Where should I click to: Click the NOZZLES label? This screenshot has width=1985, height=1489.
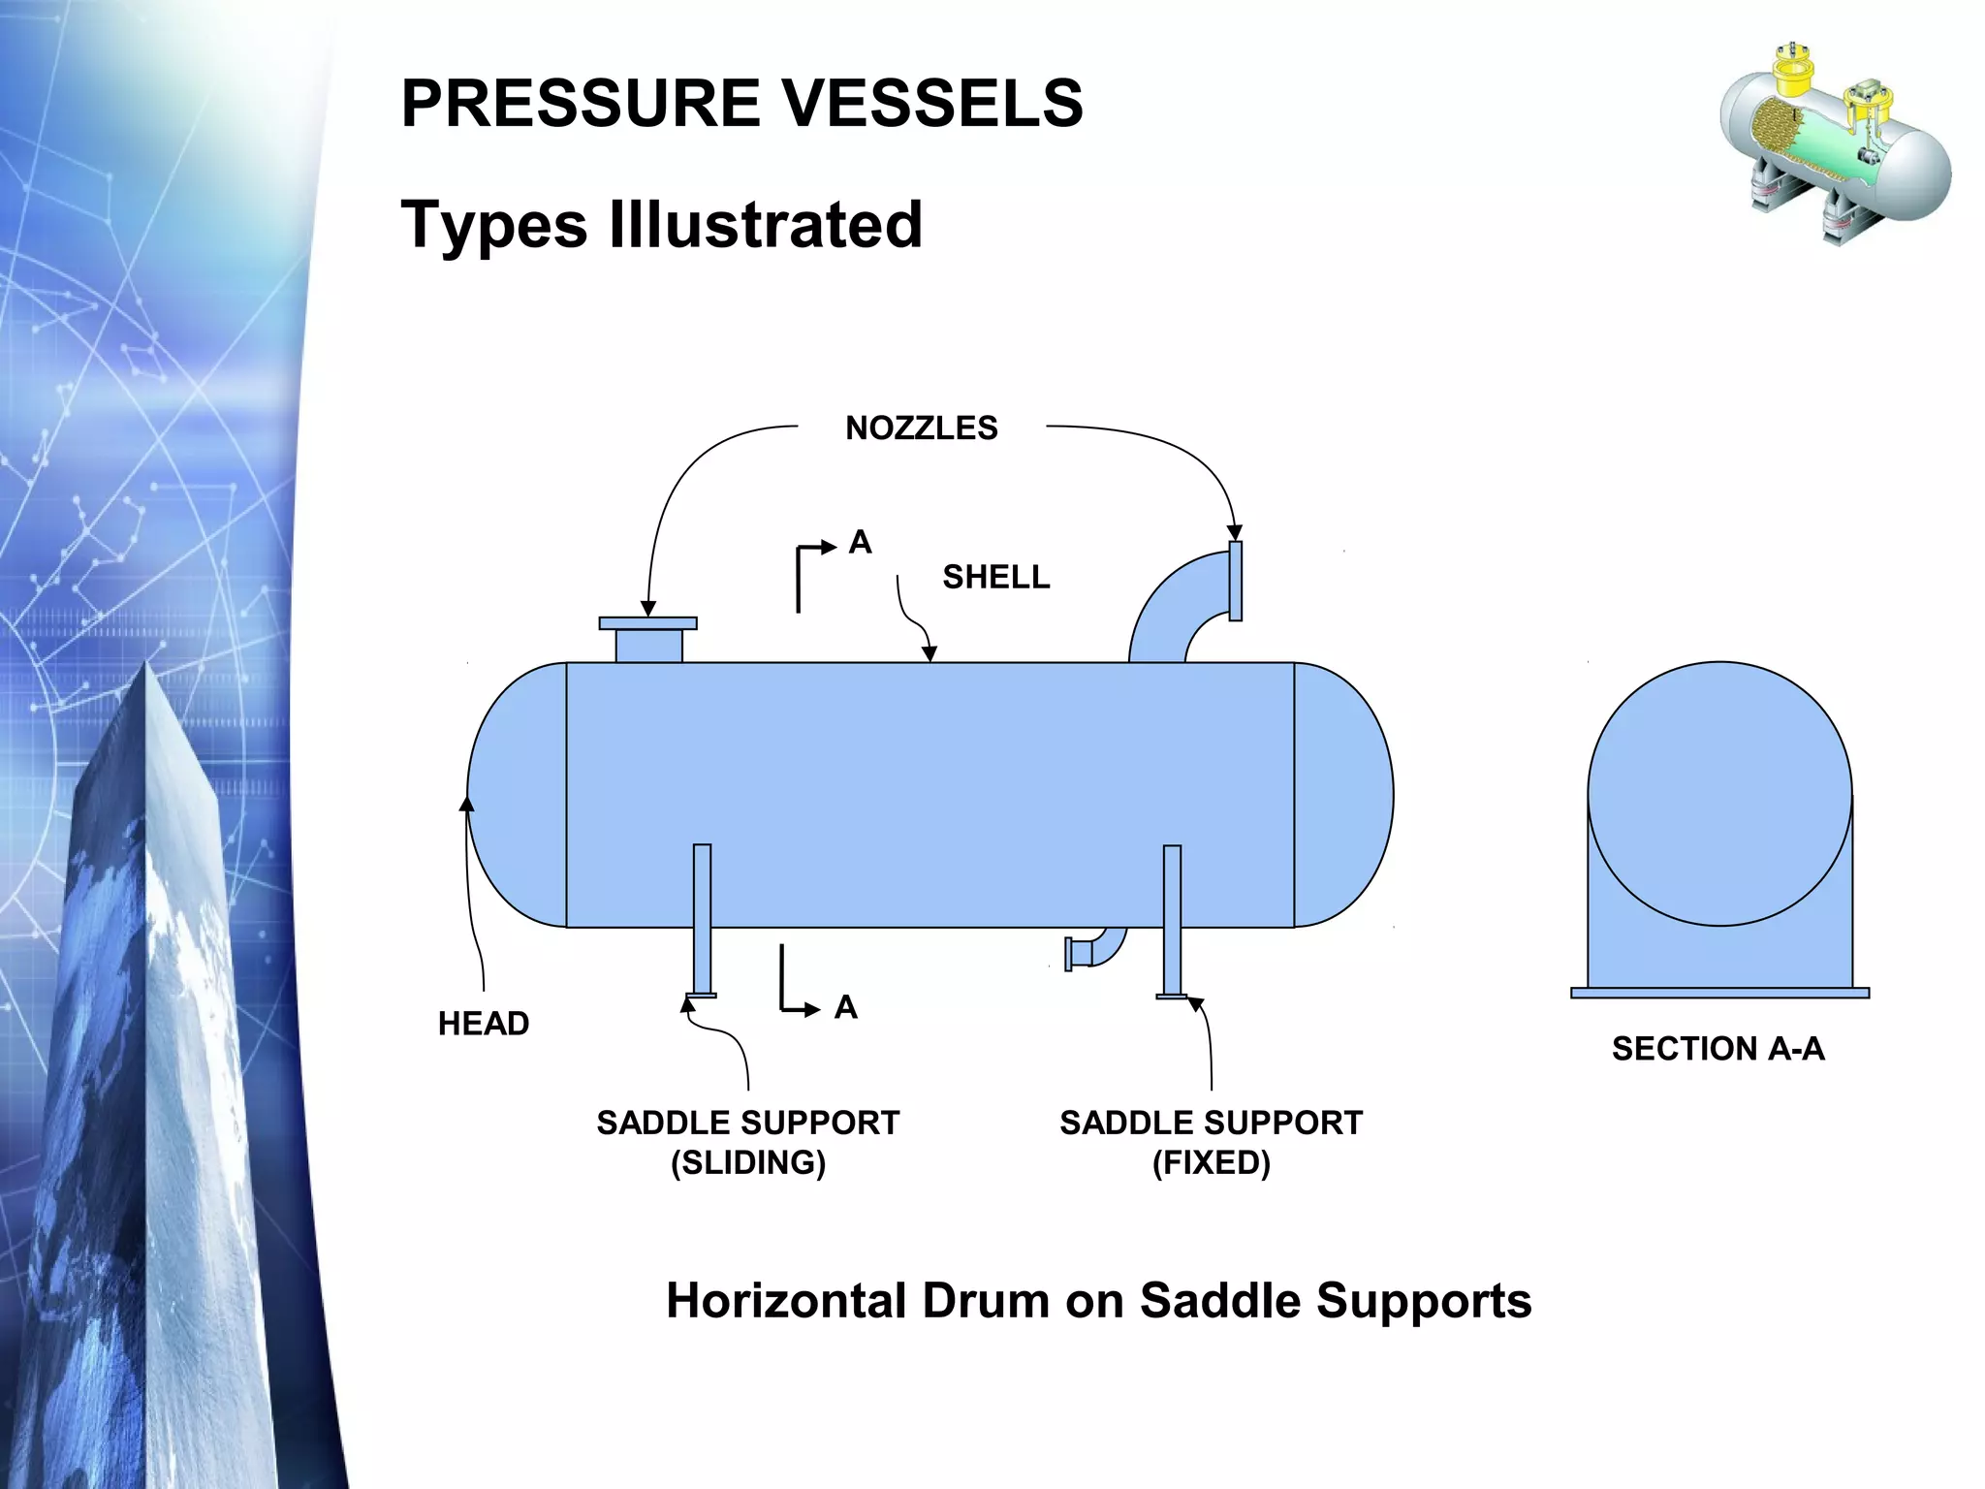coord(921,428)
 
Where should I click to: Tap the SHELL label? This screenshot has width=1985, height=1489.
coord(995,577)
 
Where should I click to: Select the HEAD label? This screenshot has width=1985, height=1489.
coord(483,1023)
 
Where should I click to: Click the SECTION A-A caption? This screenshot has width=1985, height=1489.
coord(1717,1048)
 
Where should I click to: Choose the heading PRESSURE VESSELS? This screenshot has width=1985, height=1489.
coord(741,103)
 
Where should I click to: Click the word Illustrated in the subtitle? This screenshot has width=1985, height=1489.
coord(766,224)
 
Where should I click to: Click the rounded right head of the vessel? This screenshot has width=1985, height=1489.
coord(1342,795)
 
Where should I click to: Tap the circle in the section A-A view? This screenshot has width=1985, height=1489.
coord(1719,793)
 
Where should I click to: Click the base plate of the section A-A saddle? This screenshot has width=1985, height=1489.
coord(1719,993)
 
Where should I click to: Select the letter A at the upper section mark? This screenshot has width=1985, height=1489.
coord(860,542)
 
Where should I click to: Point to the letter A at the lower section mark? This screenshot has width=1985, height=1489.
coord(845,1007)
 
